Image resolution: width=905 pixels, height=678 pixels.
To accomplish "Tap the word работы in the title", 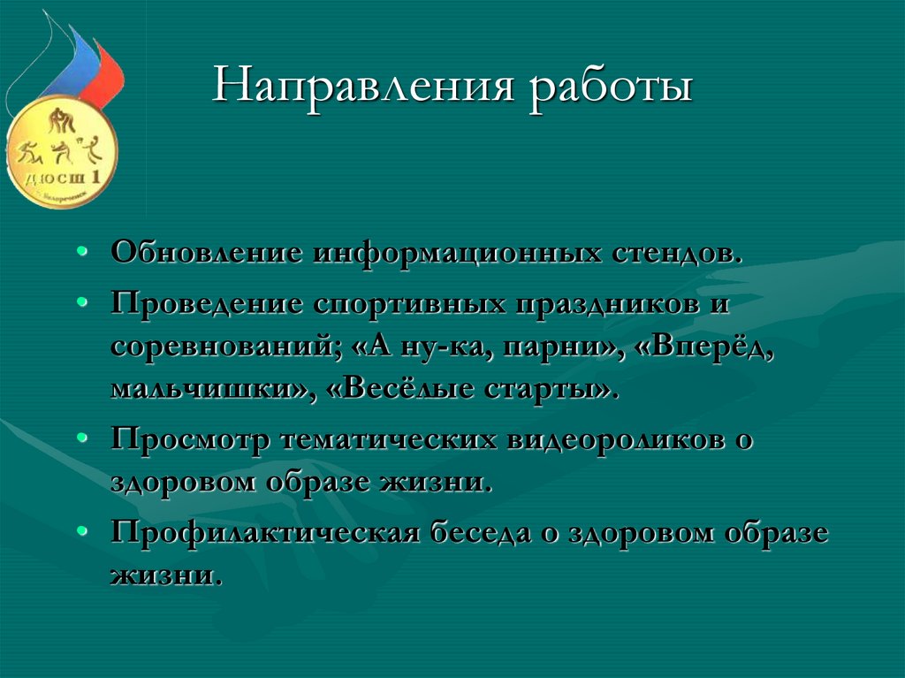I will click(x=612, y=89).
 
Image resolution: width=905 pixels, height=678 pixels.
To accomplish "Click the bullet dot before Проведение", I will click(x=81, y=302).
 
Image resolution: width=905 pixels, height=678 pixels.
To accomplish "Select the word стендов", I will click(x=677, y=252).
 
